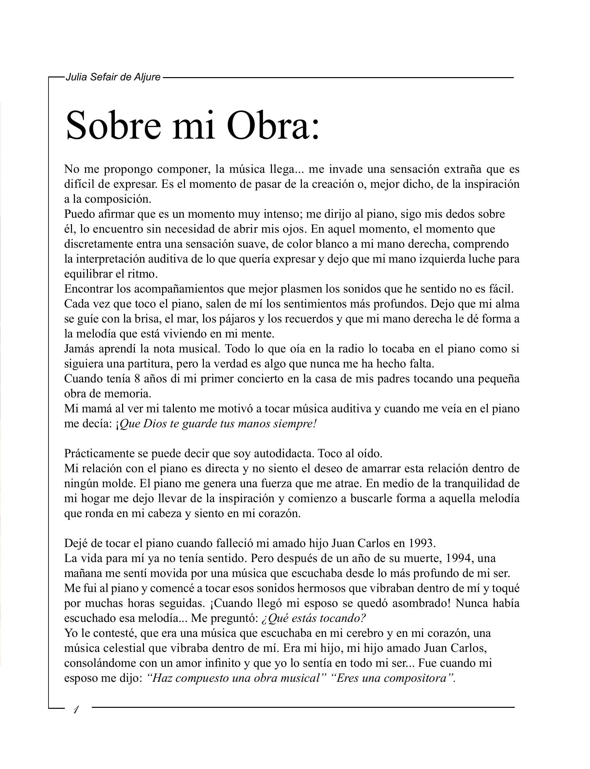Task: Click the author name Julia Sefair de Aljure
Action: pos(113,77)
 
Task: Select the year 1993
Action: pos(422,543)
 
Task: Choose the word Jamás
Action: pos(79,349)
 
